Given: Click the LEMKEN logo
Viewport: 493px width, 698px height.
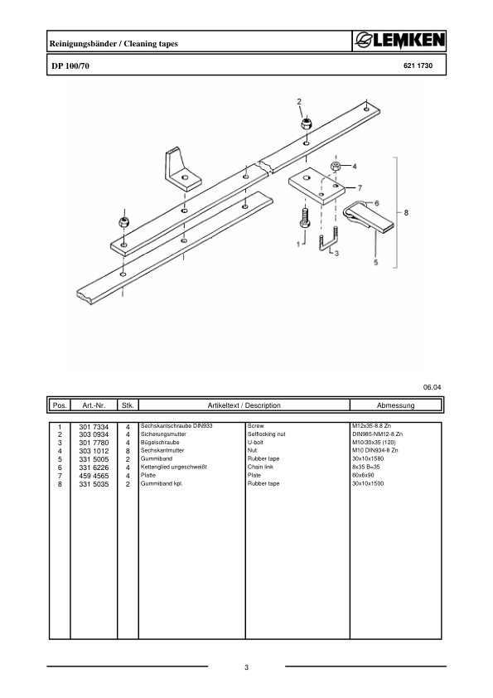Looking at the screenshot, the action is pos(400,41).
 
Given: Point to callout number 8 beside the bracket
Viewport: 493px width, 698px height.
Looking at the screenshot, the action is pos(406,213).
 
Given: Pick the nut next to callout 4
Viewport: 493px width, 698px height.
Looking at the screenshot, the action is pos(336,167).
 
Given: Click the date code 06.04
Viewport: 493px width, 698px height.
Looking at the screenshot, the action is pos(433,387).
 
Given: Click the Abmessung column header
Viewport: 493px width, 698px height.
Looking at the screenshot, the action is pos(395,405).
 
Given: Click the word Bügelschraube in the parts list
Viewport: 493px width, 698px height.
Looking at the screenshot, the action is pos(160,443).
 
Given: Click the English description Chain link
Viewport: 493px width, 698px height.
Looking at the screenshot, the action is pos(261,467).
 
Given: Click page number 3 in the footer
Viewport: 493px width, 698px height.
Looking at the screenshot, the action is pos(247,668).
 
